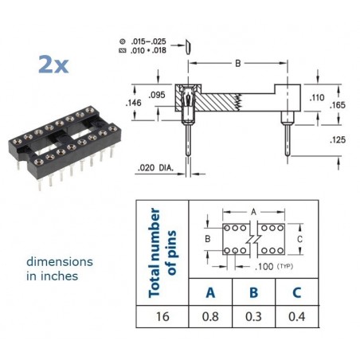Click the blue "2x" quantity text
pos(53,64)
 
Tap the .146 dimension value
pos(133,103)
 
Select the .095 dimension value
pos(157,95)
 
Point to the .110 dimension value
pos(317,97)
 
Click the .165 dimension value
pos(338,105)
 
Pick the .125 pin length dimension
pos(338,139)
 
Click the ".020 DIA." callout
pos(155,168)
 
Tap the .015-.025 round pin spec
pos(148,41)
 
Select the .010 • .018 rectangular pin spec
pos(148,50)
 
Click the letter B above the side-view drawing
pos(238,64)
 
